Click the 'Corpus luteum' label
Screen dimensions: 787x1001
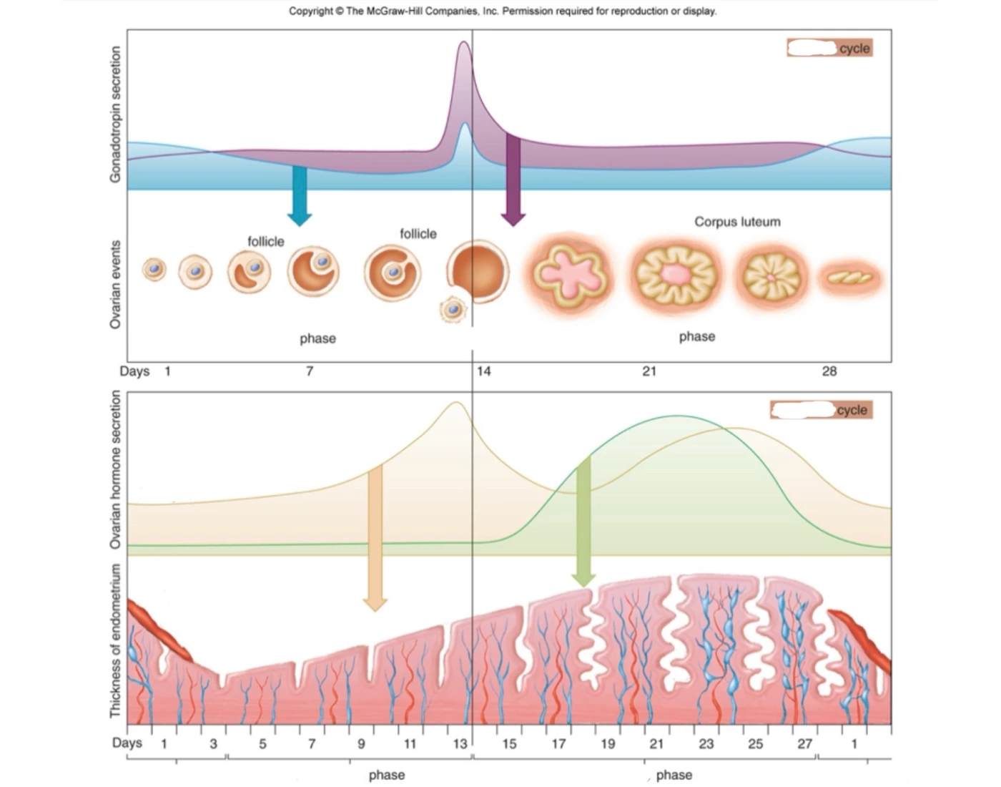(x=737, y=222)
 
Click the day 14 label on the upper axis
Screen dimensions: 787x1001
(x=483, y=371)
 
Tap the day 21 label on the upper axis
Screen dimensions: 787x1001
(x=649, y=371)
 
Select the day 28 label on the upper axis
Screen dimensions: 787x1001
(x=829, y=371)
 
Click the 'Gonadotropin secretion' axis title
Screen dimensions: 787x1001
(x=115, y=114)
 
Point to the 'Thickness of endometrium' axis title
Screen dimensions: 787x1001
(x=115, y=640)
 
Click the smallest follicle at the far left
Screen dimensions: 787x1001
(x=154, y=269)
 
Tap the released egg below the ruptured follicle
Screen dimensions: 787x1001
(x=453, y=310)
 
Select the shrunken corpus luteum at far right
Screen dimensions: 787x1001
(x=849, y=278)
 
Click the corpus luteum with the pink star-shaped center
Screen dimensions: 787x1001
(x=570, y=273)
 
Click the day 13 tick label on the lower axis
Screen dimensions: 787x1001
(x=460, y=744)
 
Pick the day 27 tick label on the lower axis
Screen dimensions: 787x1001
(x=804, y=744)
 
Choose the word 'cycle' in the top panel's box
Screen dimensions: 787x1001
(x=854, y=49)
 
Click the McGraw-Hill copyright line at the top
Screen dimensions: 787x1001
(x=502, y=11)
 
